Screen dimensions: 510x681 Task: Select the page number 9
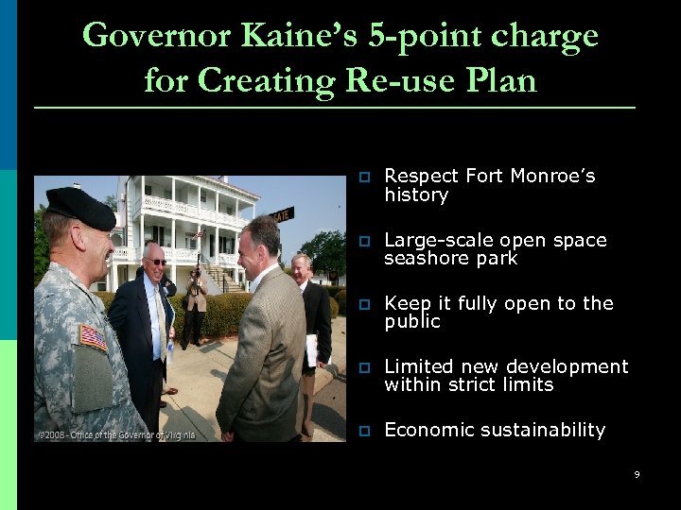637,474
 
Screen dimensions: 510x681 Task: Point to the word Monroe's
553,177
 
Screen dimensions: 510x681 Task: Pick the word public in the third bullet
412,321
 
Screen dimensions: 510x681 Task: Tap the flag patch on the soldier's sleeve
93,337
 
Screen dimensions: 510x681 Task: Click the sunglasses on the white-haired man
157,261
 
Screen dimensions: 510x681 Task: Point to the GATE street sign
282,214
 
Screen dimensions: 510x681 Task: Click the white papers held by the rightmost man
311,350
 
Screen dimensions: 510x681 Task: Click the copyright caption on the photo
116,434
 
